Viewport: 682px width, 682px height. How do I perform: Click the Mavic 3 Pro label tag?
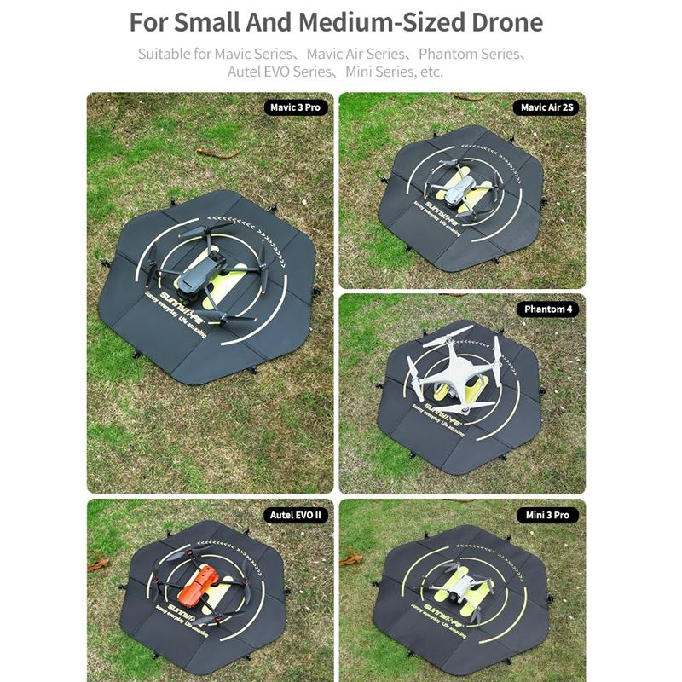coord(295,107)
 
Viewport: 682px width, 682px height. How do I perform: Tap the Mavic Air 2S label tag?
coord(546,107)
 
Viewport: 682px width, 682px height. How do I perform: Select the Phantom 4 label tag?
coord(546,309)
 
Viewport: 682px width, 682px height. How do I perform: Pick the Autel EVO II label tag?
coord(296,516)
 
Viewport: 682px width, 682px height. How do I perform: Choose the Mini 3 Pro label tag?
coord(546,516)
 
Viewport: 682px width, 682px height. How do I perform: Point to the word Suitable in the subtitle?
coord(164,54)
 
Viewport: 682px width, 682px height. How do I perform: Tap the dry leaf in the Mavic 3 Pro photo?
coord(217,153)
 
